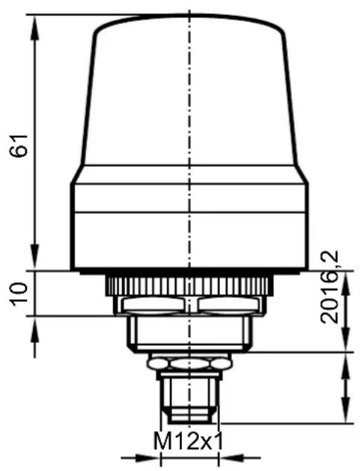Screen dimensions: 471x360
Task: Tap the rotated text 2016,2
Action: (329, 288)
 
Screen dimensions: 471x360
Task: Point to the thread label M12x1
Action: (189, 441)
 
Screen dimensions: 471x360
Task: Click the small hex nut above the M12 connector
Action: (190, 363)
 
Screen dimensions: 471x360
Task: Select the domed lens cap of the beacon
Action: (190, 90)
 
